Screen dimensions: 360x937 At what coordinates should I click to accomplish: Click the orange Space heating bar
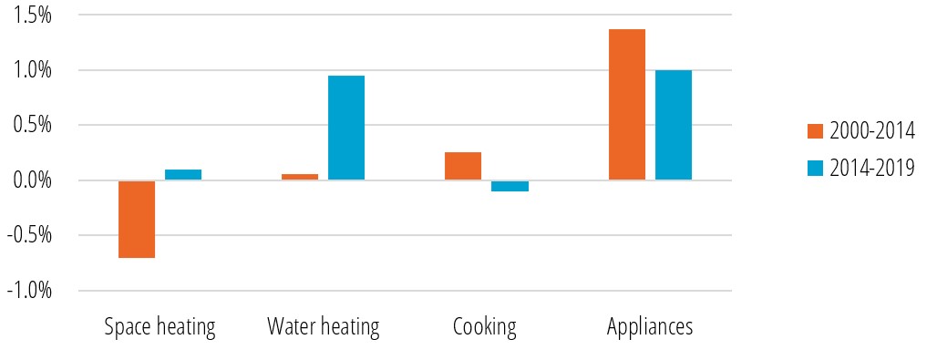click(137, 219)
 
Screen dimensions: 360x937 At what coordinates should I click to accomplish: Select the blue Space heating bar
click(183, 175)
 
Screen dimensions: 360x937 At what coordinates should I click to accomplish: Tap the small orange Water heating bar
click(300, 177)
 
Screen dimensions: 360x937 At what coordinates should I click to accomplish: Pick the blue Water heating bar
click(346, 128)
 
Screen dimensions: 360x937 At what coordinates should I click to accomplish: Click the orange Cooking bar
click(463, 166)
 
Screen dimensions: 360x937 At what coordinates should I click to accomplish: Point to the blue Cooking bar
click(510, 186)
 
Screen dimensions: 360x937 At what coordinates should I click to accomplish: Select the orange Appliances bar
click(627, 105)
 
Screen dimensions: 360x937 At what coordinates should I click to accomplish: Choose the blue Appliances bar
click(674, 125)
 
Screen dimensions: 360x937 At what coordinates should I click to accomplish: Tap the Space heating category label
click(160, 327)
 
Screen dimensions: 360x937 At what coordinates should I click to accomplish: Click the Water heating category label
click(323, 327)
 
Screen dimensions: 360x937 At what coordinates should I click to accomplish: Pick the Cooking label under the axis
click(485, 327)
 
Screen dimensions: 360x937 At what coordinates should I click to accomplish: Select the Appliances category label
click(650, 327)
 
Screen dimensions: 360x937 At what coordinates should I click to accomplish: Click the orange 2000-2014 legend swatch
click(815, 131)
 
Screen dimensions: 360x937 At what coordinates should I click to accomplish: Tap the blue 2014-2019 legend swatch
click(815, 168)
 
